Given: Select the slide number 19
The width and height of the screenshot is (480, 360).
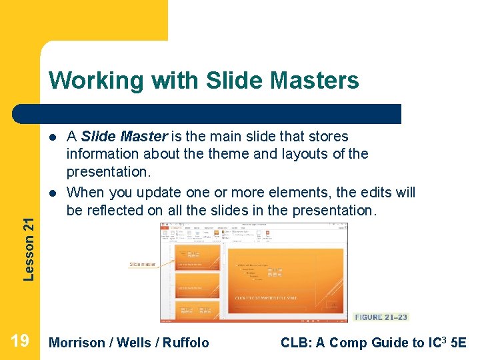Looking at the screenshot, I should (x=20, y=341).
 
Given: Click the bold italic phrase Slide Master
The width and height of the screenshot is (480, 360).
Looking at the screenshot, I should (x=124, y=137).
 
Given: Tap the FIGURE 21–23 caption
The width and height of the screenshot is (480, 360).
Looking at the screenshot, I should (x=381, y=317).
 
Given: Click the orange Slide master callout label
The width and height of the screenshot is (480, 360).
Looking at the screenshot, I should (x=143, y=264).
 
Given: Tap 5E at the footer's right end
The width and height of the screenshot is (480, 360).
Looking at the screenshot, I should (x=459, y=343).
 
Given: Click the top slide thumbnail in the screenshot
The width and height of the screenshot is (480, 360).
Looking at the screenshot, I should (x=196, y=256).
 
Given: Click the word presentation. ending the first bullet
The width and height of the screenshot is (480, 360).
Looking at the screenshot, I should (x=109, y=173).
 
